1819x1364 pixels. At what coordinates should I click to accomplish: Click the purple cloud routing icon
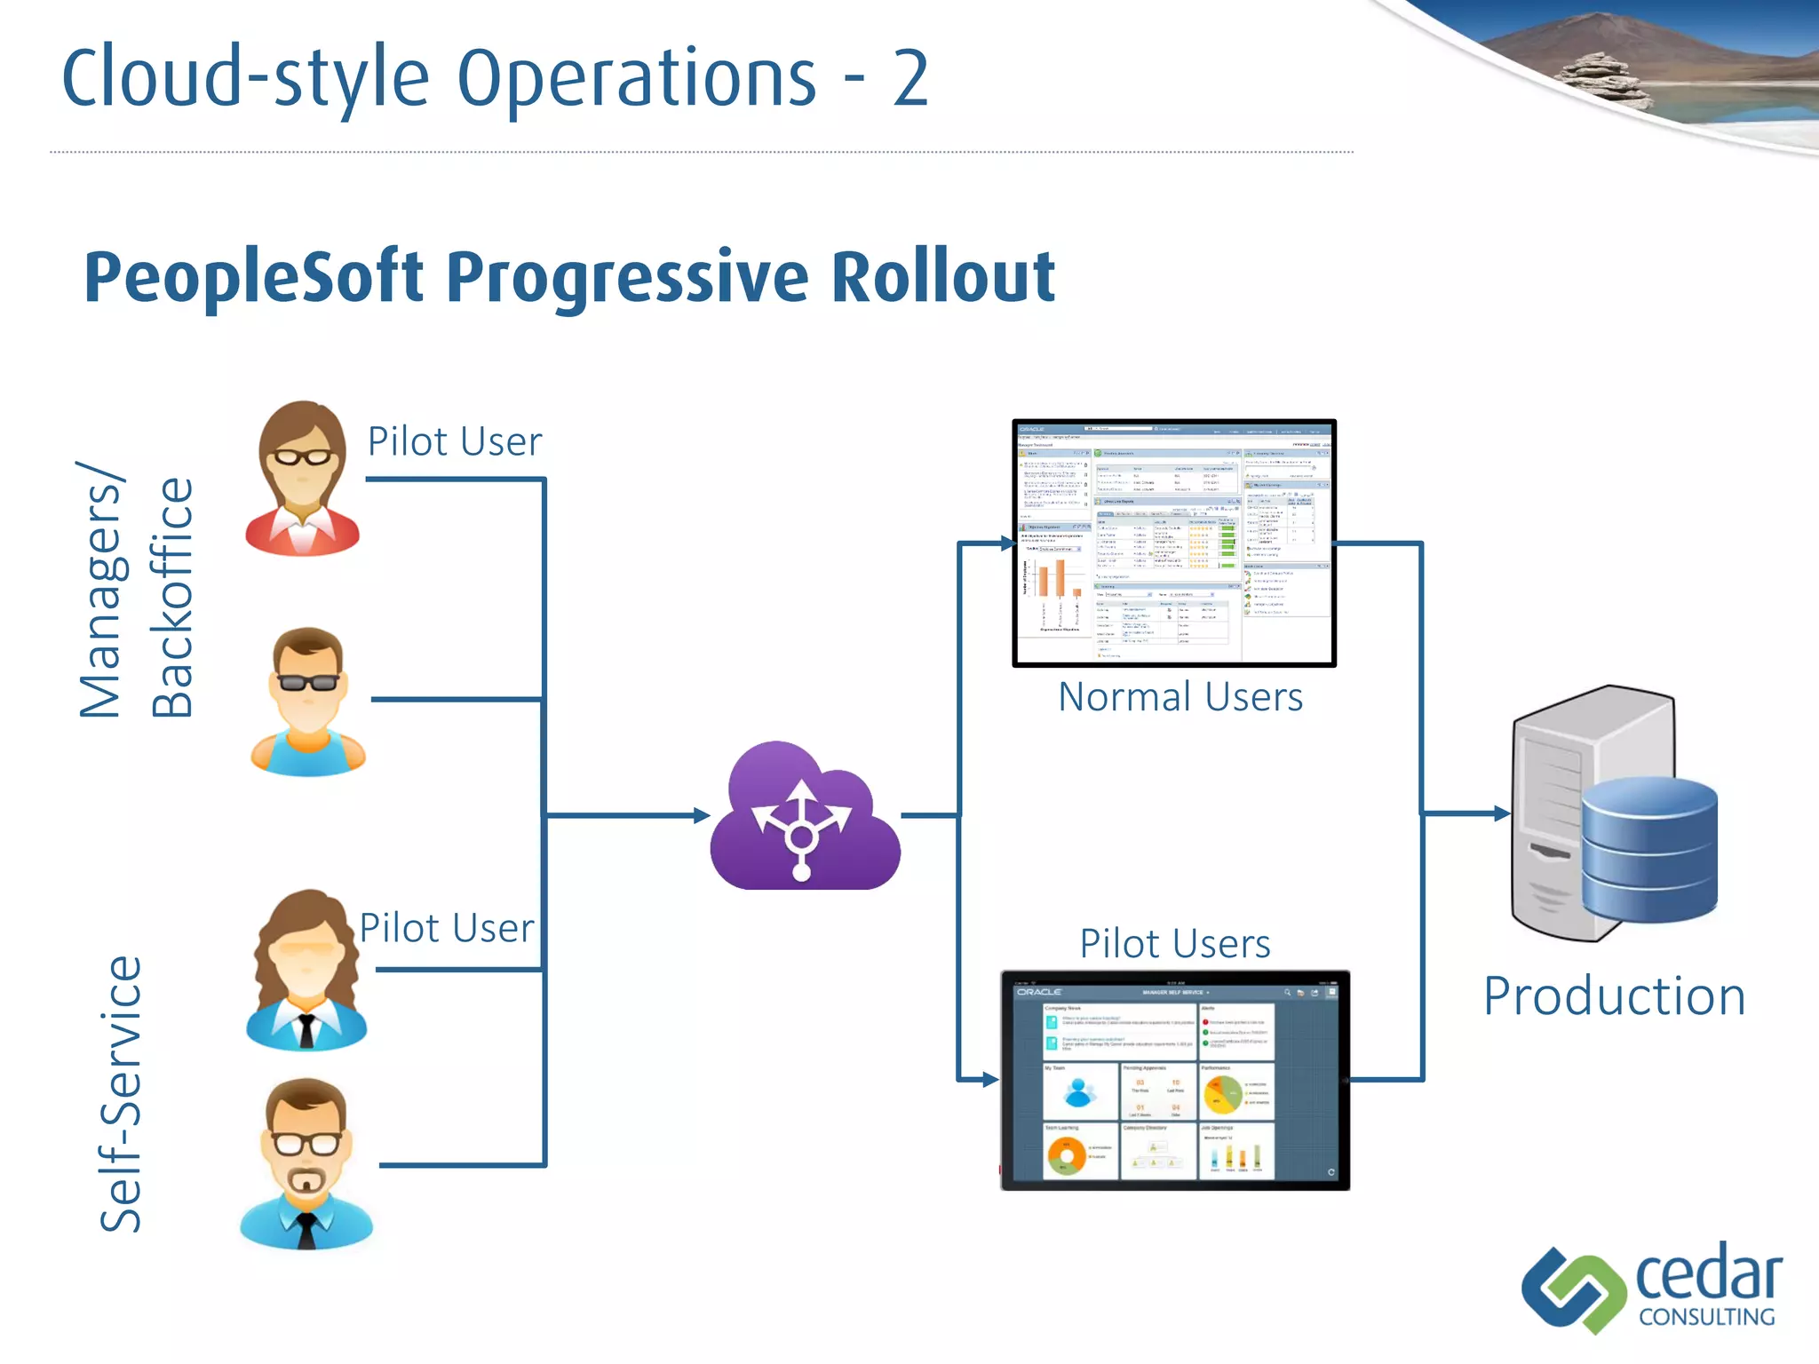tap(804, 817)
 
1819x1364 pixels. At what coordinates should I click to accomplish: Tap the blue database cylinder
tap(1648, 850)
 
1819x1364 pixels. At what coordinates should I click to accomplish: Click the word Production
tap(1614, 995)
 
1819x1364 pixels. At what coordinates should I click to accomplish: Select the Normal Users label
tap(1180, 697)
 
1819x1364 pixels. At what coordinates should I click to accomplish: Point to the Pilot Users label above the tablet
tap(1174, 943)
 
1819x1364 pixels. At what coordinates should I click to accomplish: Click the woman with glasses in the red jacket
tap(302, 480)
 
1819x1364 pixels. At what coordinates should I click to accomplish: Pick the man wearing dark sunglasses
tap(307, 702)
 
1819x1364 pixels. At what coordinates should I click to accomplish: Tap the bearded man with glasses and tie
tap(306, 1163)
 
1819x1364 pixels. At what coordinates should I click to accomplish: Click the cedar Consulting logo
tap(1652, 1288)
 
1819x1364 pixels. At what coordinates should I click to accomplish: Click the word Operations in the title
tap(636, 78)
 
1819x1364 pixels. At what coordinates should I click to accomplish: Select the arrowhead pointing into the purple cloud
tap(702, 815)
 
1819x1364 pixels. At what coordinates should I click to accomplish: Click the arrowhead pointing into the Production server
tap(1501, 813)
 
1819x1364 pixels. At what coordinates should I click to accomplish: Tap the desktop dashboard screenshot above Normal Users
tap(1173, 543)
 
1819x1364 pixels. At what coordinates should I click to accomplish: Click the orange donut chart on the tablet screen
tap(1066, 1155)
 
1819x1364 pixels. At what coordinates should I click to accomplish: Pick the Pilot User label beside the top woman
tap(454, 441)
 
